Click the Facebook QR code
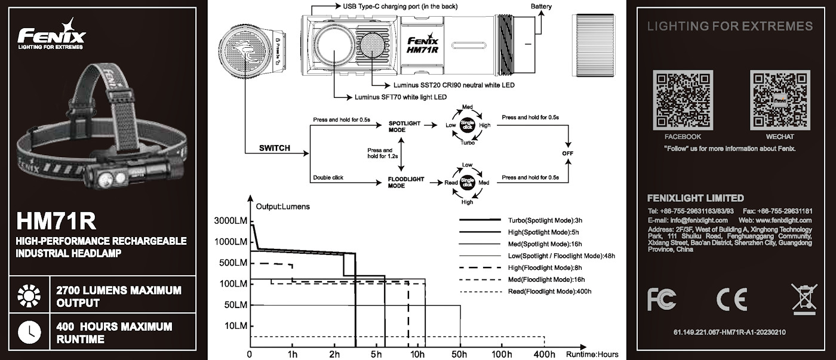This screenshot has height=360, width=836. [683, 100]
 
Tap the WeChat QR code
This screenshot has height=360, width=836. [780, 100]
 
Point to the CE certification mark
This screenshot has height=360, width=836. [732, 299]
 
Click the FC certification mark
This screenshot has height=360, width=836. [662, 299]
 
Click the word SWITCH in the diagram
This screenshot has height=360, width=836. [274, 148]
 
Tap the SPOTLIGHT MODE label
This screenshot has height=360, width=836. [404, 126]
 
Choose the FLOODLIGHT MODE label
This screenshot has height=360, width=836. [405, 182]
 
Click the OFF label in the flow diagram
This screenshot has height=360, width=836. [567, 153]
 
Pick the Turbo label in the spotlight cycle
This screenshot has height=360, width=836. [468, 143]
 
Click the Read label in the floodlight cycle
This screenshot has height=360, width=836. [451, 182]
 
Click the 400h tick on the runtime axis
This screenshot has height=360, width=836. [544, 354]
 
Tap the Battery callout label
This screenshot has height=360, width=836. [541, 7]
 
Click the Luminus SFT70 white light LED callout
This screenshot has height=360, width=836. [401, 97]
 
